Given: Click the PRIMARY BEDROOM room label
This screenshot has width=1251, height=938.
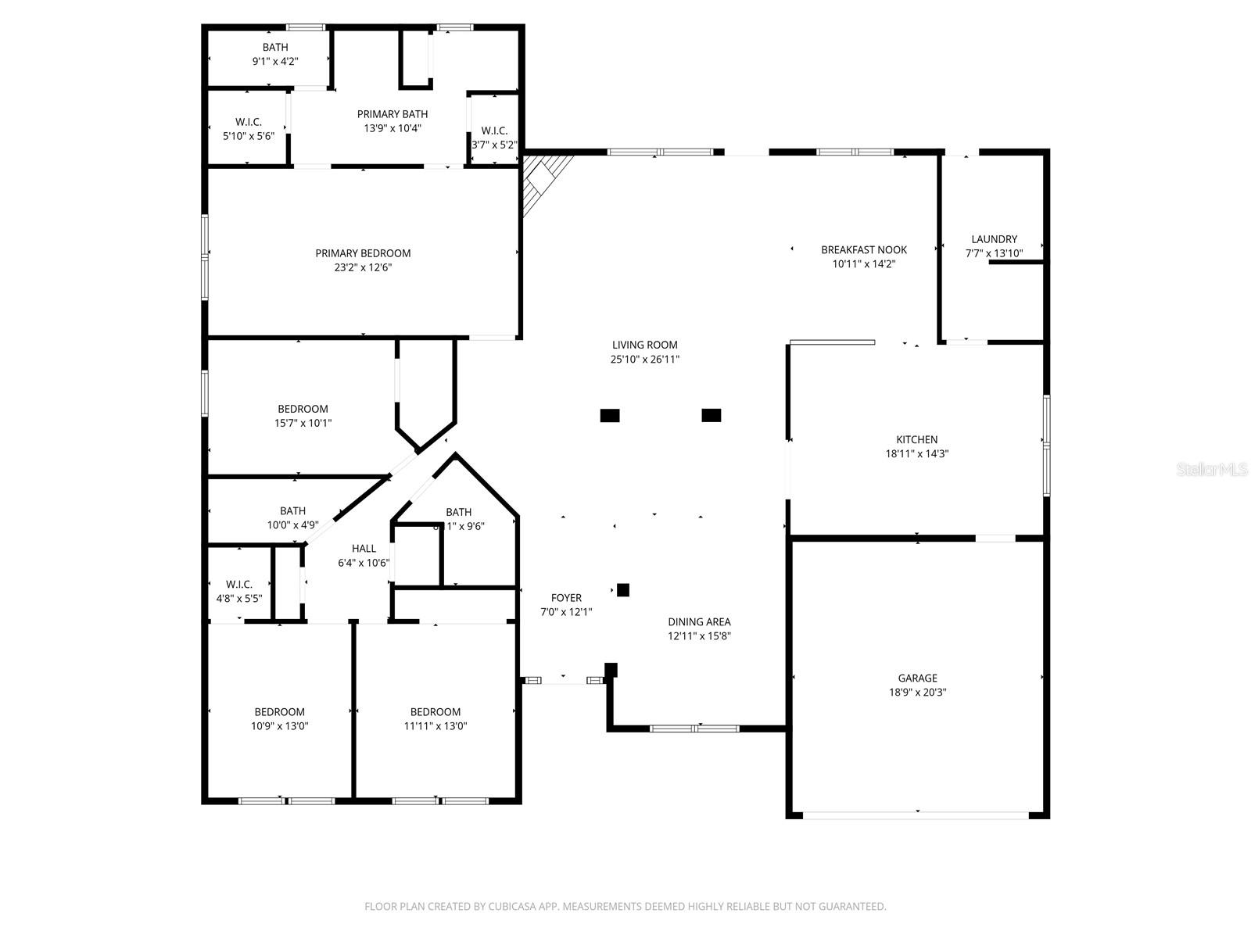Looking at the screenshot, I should coord(363,253).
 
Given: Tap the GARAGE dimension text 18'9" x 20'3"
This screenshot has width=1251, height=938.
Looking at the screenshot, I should coord(917,693).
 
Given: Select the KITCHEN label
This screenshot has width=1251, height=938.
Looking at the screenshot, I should coord(916,439).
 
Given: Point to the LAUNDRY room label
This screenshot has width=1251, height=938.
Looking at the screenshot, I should coord(994,239).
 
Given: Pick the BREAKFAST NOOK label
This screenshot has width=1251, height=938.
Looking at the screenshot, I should coord(863,250).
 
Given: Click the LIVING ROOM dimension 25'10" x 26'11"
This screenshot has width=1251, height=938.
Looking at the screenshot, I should coord(644,360).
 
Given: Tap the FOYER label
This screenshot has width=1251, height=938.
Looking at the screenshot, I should coord(566,598).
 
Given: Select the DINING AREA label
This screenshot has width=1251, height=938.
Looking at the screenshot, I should coord(699,622).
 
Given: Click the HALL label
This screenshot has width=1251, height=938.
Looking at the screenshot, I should coord(364,549).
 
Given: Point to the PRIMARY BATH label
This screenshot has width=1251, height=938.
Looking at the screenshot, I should coord(393,114).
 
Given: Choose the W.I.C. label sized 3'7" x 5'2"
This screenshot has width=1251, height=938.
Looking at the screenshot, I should coord(494,131).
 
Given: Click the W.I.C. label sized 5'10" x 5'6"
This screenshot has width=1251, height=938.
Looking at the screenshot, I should coord(248,122).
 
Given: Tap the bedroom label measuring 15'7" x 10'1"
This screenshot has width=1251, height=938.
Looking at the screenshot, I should coord(303,409).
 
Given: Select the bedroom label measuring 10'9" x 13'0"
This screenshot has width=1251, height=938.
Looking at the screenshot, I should coord(279,712).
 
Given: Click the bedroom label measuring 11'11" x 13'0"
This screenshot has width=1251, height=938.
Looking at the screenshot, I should coord(436,712).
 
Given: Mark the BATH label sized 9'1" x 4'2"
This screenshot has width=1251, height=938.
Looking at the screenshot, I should coord(275,47).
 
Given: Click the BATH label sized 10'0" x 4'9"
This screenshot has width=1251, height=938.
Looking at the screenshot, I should coord(292,511).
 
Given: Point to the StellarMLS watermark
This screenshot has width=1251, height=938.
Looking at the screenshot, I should coord(1213,469).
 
